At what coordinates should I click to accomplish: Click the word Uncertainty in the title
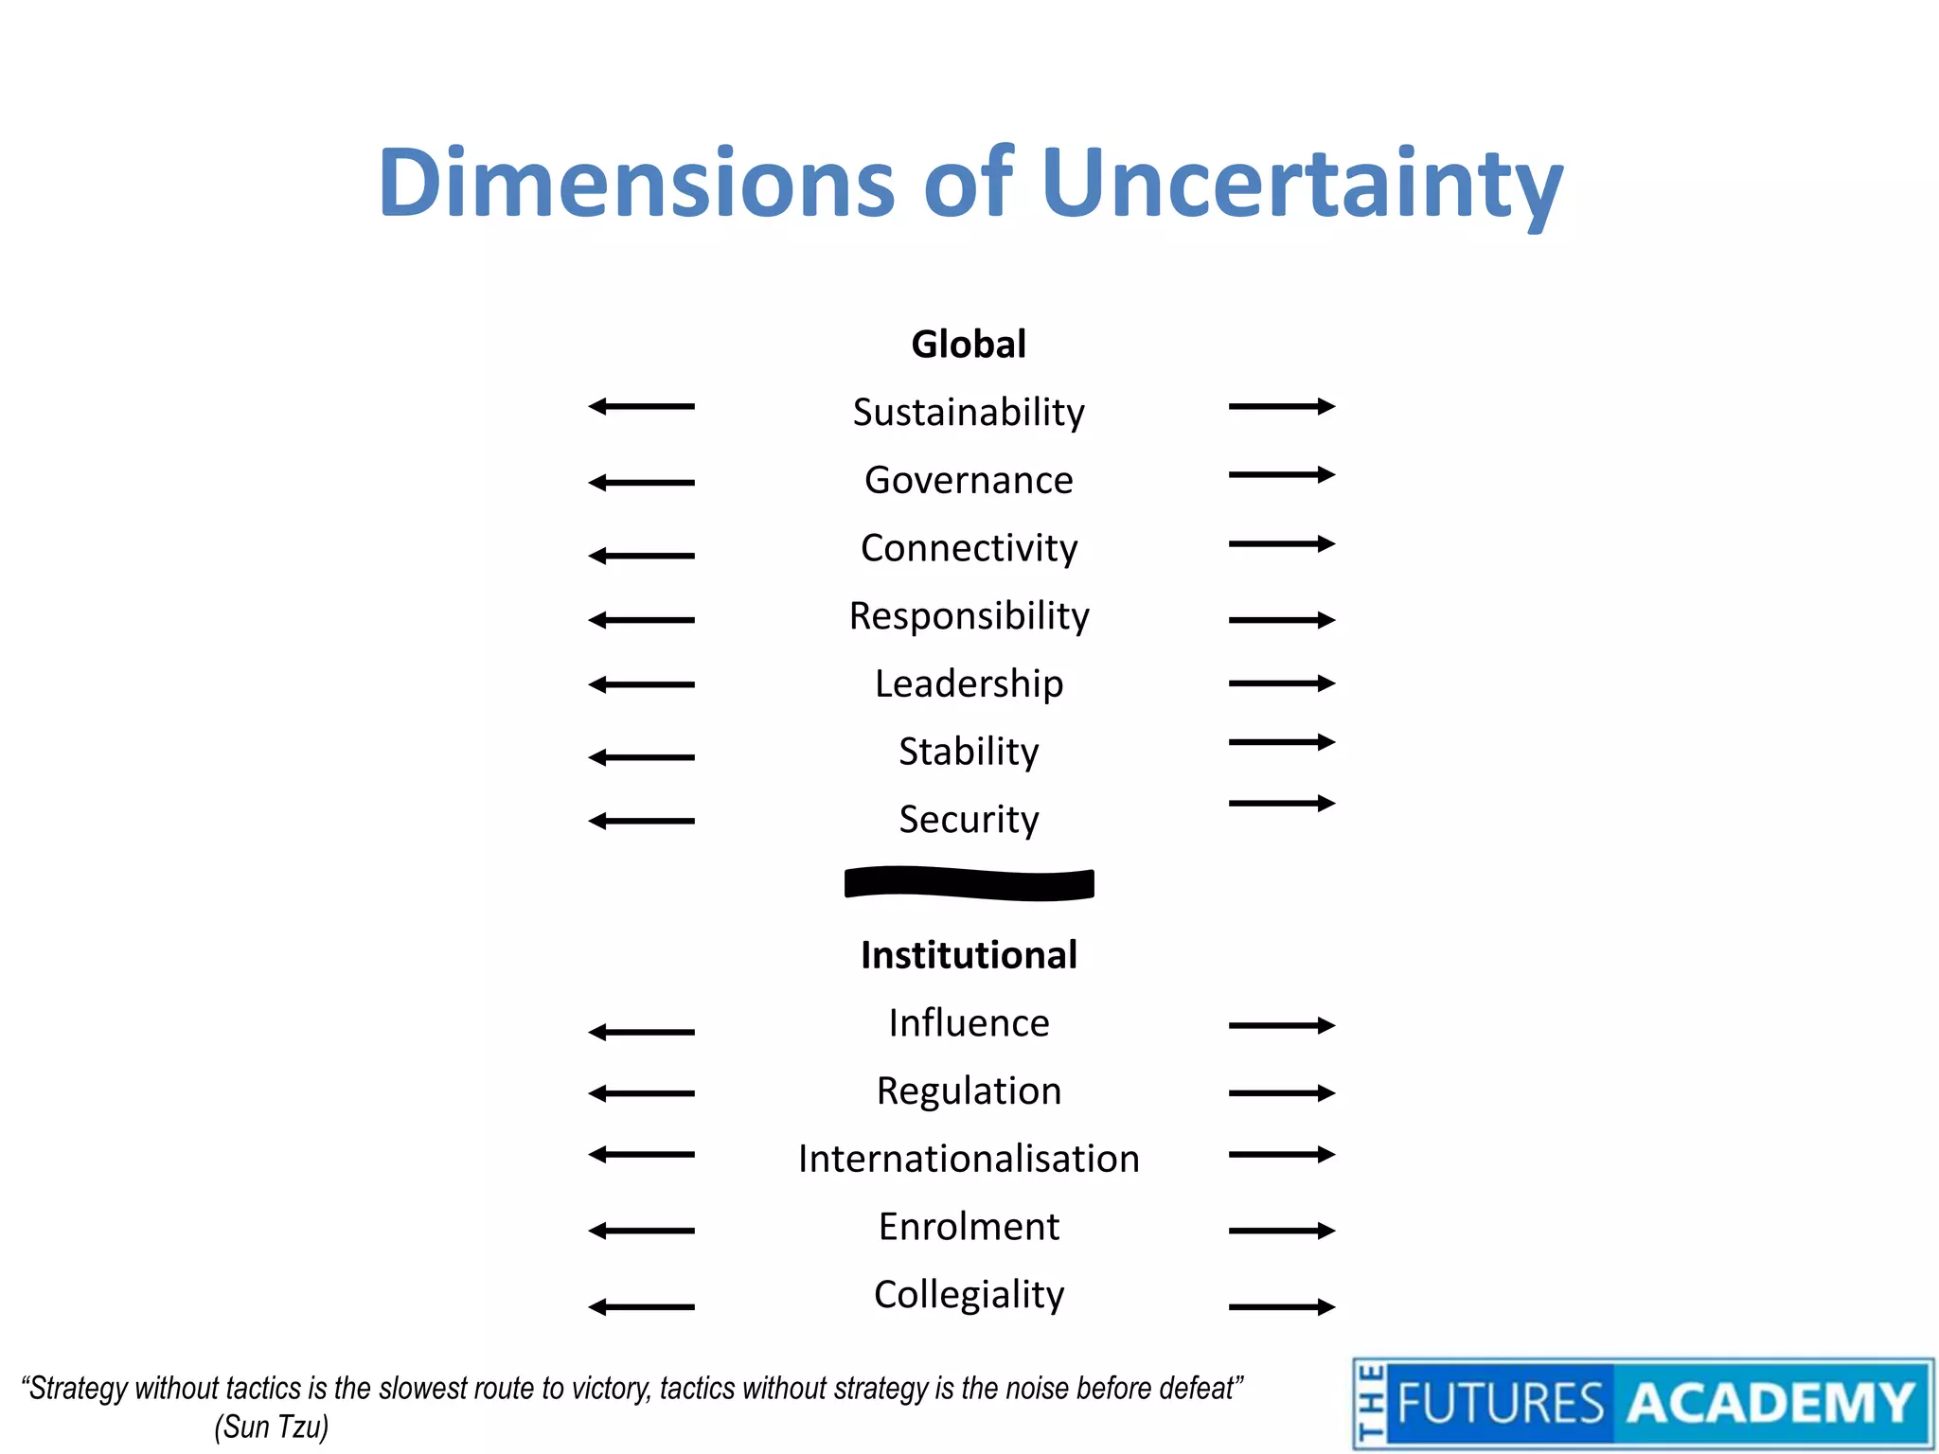tap(1302, 185)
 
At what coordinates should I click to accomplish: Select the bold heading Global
tap(969, 344)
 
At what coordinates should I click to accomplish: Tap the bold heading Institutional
tap(969, 954)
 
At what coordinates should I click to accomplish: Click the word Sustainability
tap(969, 412)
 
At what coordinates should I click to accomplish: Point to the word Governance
tap(969, 480)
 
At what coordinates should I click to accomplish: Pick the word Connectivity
tap(969, 548)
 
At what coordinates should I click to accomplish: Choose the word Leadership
tap(969, 683)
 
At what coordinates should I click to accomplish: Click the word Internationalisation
tap(969, 1159)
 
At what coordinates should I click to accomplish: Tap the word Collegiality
tap(969, 1294)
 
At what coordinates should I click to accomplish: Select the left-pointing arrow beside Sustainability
tap(641, 406)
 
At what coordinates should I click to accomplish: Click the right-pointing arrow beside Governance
tap(1282, 474)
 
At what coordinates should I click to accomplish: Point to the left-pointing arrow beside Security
tap(641, 821)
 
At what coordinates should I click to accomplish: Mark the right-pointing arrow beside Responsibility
tap(1282, 620)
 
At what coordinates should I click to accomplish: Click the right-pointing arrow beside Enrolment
tap(1282, 1231)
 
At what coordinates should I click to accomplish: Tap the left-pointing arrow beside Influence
tap(641, 1032)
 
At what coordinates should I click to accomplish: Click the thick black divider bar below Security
tap(969, 883)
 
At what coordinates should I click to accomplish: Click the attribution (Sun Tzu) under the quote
tap(272, 1427)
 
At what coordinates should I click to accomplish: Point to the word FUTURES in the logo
tap(1501, 1403)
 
